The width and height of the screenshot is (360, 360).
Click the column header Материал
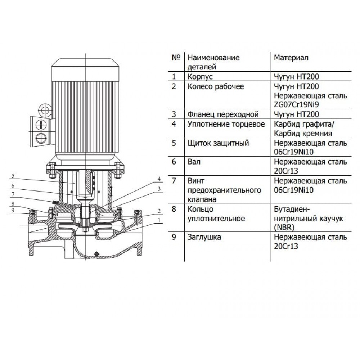291,58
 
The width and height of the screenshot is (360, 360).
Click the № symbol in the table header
176,58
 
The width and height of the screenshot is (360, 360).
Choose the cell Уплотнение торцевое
226,125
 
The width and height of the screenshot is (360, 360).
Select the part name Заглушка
204,238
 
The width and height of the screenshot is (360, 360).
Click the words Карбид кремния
303,134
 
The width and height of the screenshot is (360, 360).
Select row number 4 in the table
174,125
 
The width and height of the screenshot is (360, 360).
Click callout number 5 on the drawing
13,176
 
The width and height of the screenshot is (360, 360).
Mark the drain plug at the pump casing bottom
95,254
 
